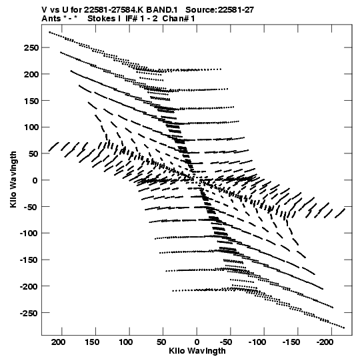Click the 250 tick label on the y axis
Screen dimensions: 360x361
[x=31, y=48]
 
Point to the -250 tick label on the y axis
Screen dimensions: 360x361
[x=29, y=313]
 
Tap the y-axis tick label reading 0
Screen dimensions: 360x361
[x=35, y=180]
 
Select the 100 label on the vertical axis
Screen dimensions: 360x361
[x=31, y=127]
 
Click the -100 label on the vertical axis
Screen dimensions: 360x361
[x=29, y=234]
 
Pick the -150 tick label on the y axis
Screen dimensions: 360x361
[x=29, y=260]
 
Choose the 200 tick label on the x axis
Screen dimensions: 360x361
[x=58, y=342]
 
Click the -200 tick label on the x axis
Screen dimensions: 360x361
[x=325, y=342]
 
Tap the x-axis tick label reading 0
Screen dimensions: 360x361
[x=197, y=342]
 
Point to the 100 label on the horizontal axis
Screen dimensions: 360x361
[x=126, y=342]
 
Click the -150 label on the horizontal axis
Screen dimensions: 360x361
[x=291, y=342]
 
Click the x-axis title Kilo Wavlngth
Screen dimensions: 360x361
[x=197, y=351]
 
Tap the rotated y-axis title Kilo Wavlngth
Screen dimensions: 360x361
[x=13, y=179]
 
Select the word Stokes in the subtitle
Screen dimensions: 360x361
[x=102, y=19]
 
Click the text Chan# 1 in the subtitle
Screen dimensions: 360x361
[x=178, y=19]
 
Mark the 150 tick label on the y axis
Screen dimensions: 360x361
[x=31, y=101]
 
